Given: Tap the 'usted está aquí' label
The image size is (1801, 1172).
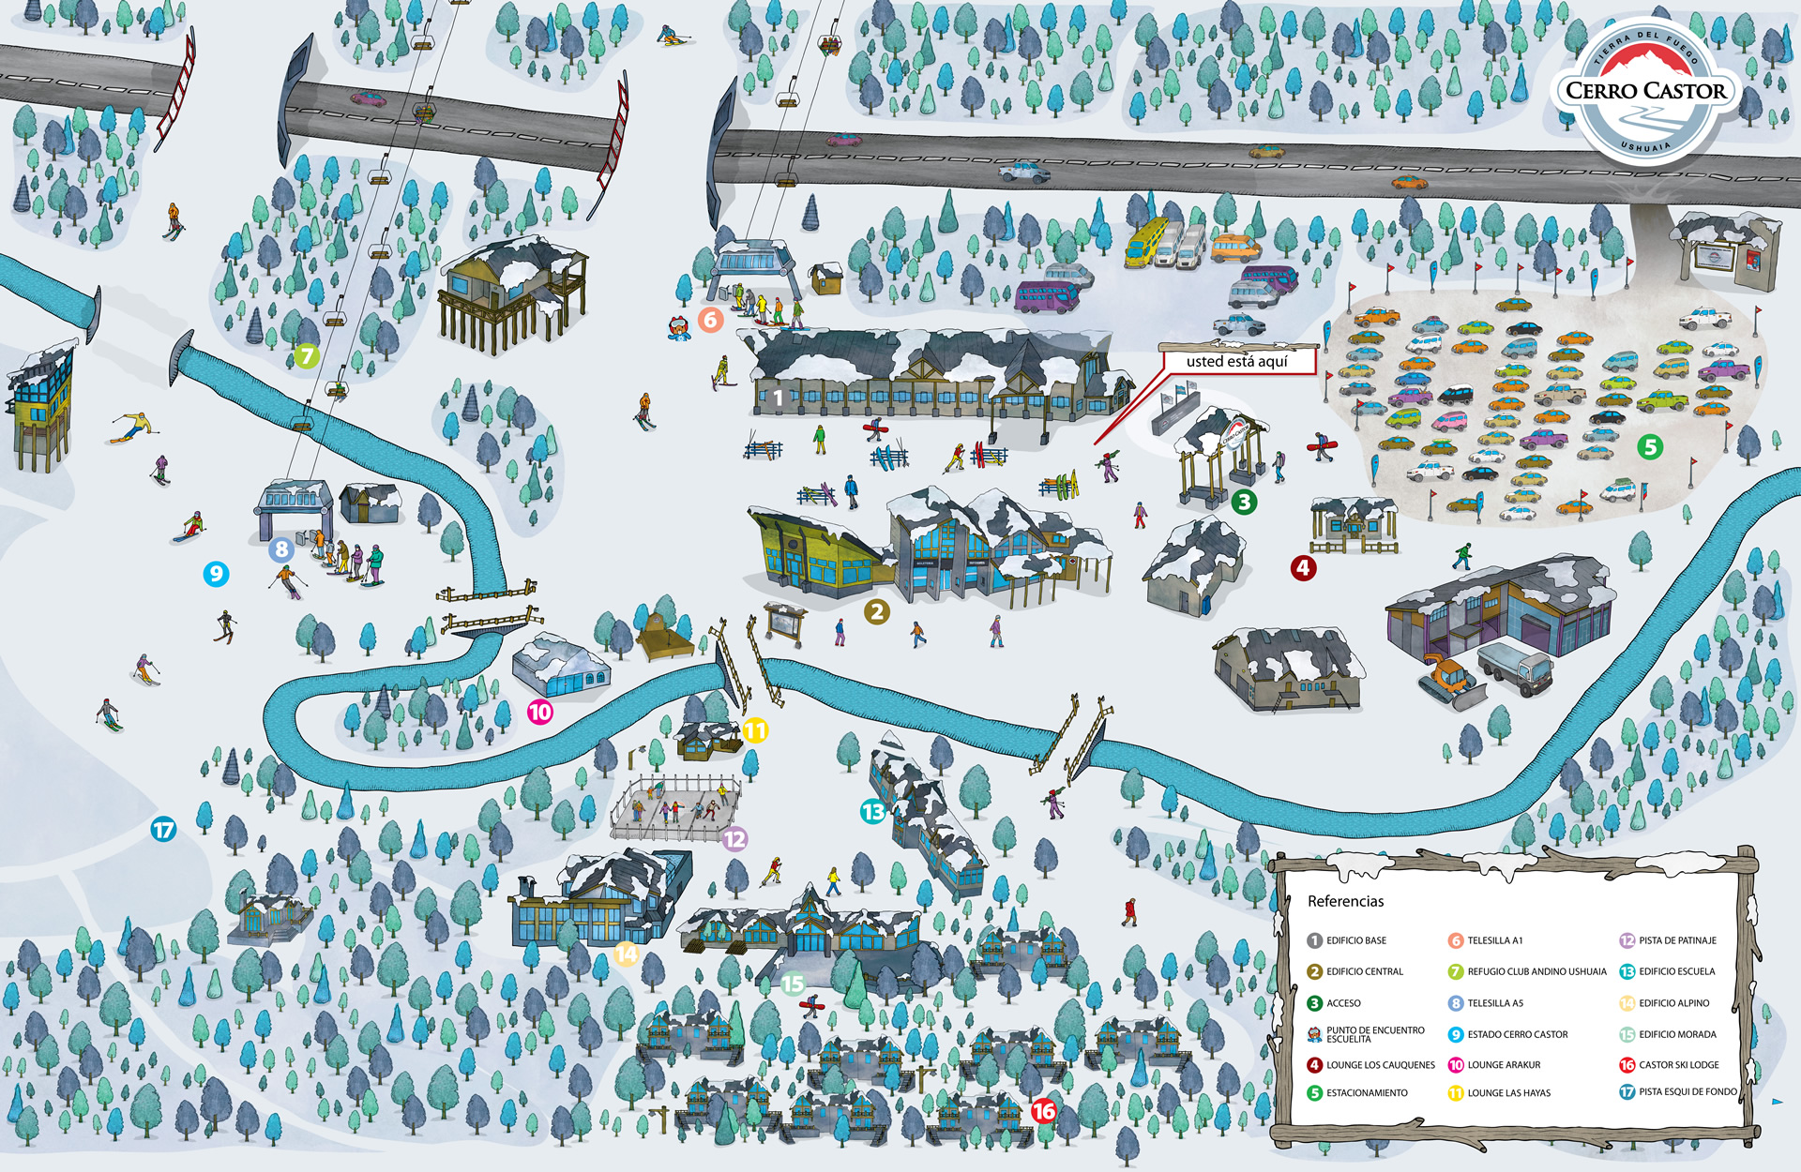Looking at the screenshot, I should (1236, 361).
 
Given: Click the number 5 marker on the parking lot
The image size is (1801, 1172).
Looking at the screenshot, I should (1650, 447).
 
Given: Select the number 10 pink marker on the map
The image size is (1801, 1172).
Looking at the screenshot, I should (540, 712).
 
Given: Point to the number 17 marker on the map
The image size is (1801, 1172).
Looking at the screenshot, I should (163, 829).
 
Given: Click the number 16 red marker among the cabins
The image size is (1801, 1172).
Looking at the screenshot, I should (1044, 1111).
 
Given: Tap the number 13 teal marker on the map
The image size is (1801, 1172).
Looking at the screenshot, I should (872, 811).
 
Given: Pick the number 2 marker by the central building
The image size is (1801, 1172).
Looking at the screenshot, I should (876, 612).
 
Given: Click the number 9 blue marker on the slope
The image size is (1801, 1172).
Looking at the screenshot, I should (216, 573).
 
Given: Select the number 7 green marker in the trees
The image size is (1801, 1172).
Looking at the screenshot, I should (306, 355).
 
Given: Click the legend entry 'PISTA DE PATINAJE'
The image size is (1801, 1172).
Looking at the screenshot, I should (1677, 940).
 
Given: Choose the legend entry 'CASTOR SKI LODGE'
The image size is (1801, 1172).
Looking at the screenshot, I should (1678, 1065).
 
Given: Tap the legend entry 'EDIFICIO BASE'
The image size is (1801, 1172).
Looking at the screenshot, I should (1355, 940).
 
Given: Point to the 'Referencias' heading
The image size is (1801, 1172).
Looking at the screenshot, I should (1345, 901).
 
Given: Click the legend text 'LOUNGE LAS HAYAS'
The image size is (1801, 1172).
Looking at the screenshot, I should (1508, 1093).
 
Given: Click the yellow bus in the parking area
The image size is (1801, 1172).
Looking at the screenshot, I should (1146, 241).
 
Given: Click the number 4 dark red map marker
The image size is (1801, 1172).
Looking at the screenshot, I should (1302, 567).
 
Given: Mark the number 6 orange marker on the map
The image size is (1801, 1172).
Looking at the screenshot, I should (710, 320).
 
